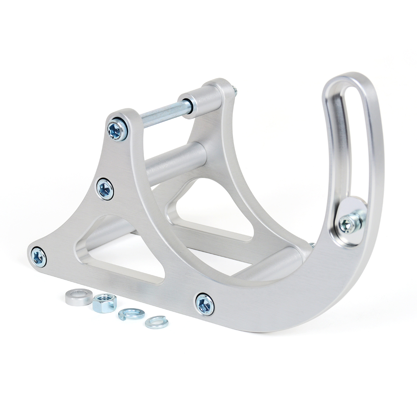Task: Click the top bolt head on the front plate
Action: (x=118, y=130)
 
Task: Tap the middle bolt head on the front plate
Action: (x=105, y=189)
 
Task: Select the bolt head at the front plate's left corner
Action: (x=38, y=257)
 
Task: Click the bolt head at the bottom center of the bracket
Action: (x=205, y=304)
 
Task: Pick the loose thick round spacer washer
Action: (x=79, y=297)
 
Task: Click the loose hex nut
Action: (x=104, y=302)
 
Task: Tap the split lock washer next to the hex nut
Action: (x=131, y=314)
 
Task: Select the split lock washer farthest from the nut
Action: (x=157, y=322)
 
